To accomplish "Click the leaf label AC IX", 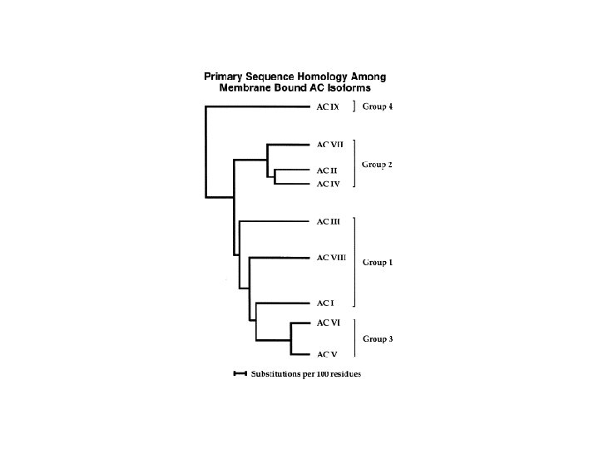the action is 328,106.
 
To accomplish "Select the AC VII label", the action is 329,144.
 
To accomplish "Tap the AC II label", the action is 327,170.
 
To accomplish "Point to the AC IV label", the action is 328,183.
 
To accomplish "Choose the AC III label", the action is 329,221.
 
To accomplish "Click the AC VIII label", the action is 331,258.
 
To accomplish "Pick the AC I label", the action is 325,303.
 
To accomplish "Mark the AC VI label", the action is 328,323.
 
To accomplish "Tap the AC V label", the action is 326,354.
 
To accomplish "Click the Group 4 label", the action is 377,106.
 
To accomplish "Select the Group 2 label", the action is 377,165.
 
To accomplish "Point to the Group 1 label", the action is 377,263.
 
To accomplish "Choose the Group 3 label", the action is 377,339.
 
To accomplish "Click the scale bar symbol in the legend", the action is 240,373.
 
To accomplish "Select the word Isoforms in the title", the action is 358,87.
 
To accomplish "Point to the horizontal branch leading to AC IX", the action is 258,106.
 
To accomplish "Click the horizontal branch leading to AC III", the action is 275,221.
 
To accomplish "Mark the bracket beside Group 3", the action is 355,338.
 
